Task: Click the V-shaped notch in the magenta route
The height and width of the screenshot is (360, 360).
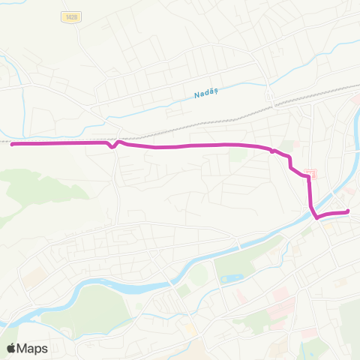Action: click(113, 147)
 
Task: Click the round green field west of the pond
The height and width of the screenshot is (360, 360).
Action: click(199, 275)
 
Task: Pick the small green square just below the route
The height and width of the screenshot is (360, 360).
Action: click(238, 155)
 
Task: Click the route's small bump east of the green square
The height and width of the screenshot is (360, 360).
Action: click(274, 151)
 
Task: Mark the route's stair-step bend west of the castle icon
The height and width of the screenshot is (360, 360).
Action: click(290, 166)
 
